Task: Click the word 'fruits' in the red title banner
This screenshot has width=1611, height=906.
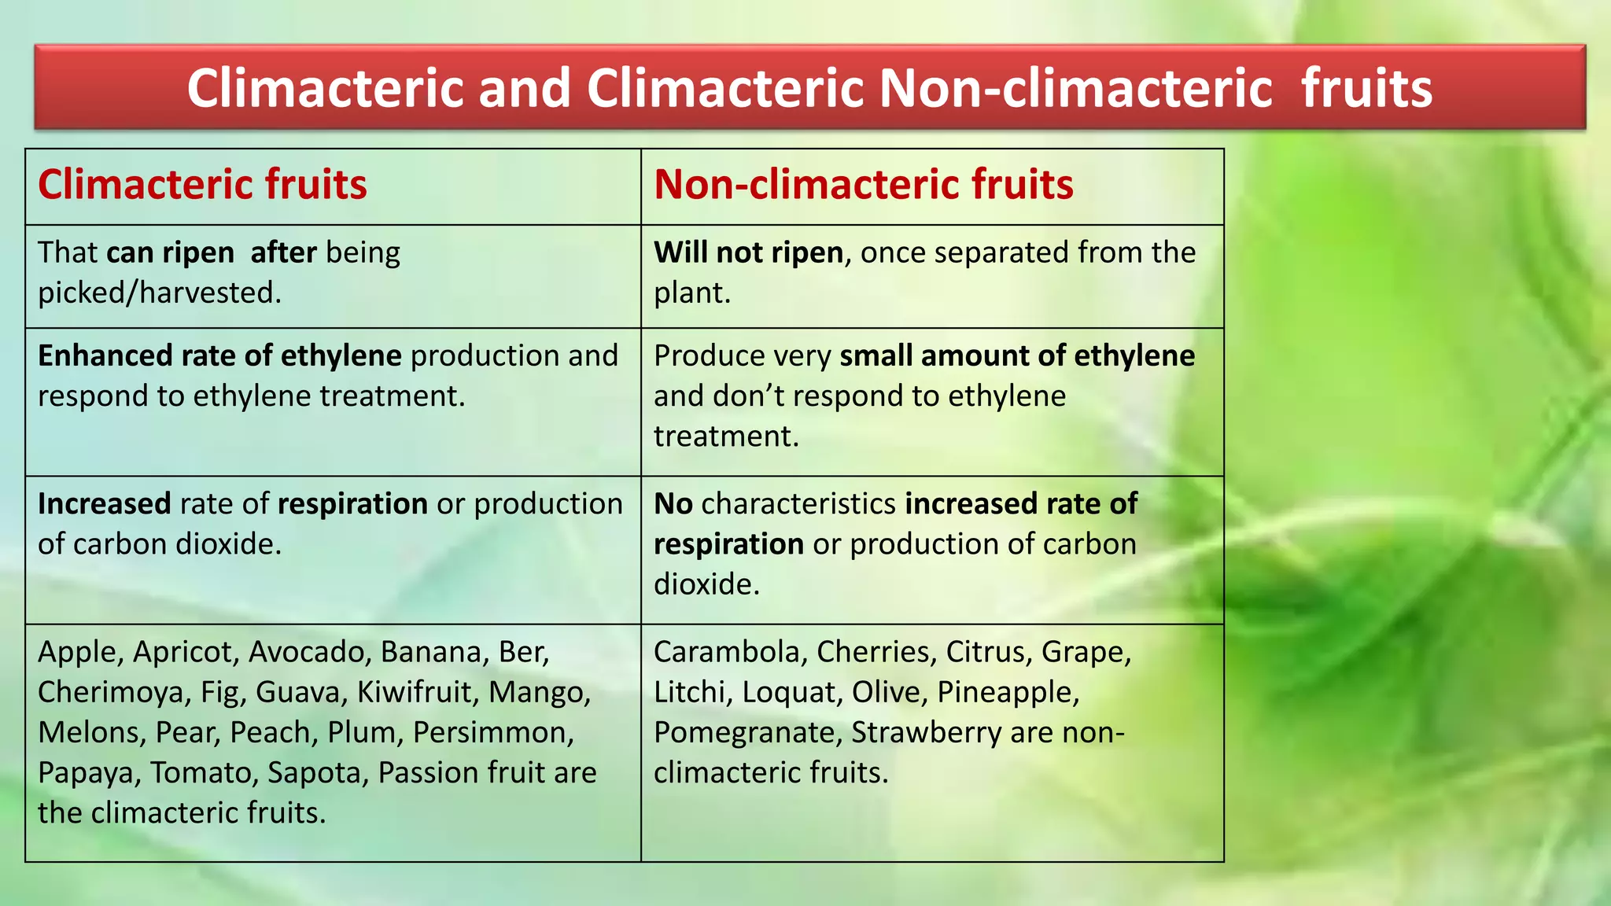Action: click(1366, 88)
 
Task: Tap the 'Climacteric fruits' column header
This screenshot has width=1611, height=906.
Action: click(202, 185)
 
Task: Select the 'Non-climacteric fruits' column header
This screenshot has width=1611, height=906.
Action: click(863, 185)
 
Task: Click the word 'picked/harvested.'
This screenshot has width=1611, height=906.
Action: click(160, 293)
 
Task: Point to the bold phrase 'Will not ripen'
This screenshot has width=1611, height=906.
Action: click(748, 252)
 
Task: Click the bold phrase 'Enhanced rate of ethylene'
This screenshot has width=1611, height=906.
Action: click(219, 355)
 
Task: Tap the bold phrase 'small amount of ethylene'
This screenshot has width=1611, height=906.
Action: click(1017, 355)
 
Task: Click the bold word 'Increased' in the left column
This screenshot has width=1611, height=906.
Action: click(104, 503)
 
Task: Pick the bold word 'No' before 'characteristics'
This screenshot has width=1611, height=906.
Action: click(673, 503)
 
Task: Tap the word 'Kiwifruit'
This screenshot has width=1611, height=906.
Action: click(418, 692)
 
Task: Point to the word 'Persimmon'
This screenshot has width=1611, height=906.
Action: click(492, 732)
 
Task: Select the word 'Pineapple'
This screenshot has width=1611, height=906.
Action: click(1007, 692)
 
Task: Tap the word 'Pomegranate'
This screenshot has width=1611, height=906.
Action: click(747, 732)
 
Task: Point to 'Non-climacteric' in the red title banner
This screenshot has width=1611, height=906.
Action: click(1075, 88)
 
